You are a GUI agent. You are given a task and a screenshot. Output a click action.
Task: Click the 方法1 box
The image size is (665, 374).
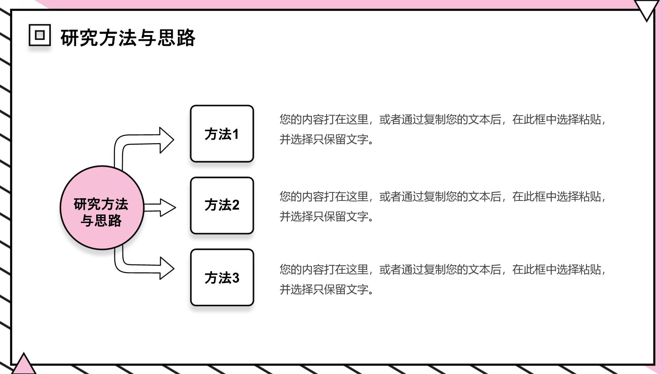tap(222, 134)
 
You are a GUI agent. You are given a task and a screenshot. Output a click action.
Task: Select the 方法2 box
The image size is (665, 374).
tap(222, 205)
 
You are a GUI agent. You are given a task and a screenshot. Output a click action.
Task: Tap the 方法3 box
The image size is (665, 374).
tap(222, 277)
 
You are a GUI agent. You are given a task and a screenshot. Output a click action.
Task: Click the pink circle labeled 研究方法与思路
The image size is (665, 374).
tap(102, 208)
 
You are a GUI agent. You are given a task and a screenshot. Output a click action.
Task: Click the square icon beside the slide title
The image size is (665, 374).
tap(40, 35)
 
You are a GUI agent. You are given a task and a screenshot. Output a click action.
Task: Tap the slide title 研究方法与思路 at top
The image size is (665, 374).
tap(128, 38)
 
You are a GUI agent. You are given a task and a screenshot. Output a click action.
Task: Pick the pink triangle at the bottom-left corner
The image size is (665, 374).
tap(24, 365)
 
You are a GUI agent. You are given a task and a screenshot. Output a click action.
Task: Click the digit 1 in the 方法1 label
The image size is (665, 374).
tap(235, 134)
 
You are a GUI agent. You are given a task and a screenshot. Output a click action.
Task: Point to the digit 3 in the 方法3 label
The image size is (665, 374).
tap(235, 278)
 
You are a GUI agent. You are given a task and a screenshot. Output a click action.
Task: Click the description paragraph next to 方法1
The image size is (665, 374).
tap(443, 129)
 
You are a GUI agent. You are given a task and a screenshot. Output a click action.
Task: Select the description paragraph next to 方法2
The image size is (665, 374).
tap(443, 206)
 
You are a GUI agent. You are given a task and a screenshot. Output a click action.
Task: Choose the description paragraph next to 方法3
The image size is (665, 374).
tap(443, 279)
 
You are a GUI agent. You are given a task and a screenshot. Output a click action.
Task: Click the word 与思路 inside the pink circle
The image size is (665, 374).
tap(101, 221)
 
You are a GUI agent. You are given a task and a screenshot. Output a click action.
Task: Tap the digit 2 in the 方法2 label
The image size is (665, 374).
tap(235, 205)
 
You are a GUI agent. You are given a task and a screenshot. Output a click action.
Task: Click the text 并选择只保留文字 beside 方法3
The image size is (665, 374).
tap(324, 289)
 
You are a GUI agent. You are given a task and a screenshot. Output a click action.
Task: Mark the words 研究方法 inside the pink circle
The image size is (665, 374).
tap(101, 204)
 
